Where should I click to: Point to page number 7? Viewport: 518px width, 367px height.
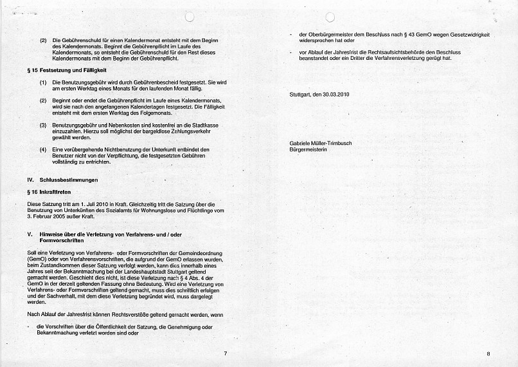pyautogui.click(x=225, y=353)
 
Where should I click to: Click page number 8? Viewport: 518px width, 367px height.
pyautogui.click(x=488, y=353)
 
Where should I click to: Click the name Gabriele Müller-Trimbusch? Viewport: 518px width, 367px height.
pyautogui.click(x=321, y=143)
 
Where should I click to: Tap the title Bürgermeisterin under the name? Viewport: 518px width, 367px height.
pyautogui.click(x=308, y=149)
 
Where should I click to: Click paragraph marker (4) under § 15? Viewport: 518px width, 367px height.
pyautogui.click(x=43, y=149)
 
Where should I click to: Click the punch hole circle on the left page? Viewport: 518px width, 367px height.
pyautogui.click(x=189, y=17)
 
